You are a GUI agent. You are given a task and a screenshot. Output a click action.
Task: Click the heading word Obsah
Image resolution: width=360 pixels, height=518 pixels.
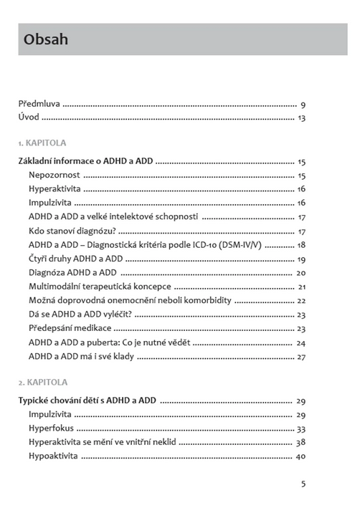click(x=46, y=39)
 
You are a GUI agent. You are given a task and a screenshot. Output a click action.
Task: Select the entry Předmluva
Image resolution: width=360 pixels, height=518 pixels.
click(x=39, y=105)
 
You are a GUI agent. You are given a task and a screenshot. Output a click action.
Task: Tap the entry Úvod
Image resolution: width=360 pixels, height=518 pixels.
click(x=29, y=117)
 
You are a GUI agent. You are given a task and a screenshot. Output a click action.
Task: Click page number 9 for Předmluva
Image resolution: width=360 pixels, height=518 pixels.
click(x=303, y=105)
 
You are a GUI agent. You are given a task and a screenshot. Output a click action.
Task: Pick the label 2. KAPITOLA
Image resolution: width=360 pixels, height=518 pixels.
click(x=42, y=382)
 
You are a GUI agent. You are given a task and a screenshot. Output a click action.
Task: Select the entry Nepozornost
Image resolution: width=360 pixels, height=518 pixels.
click(x=54, y=176)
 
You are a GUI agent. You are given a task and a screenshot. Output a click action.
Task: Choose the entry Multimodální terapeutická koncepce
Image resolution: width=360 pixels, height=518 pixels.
click(x=99, y=287)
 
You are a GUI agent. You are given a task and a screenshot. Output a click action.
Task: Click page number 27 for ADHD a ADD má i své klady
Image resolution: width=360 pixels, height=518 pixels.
click(x=301, y=356)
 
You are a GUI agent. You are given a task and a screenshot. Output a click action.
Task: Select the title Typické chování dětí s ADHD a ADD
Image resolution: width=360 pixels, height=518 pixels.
click(x=87, y=401)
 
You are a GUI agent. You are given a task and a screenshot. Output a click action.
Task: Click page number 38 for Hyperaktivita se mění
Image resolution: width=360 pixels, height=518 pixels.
click(x=301, y=442)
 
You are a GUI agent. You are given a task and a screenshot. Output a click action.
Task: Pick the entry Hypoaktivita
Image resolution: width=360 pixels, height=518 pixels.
click(x=53, y=456)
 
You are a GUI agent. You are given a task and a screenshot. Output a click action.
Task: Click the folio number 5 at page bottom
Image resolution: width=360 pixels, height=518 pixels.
click(x=303, y=484)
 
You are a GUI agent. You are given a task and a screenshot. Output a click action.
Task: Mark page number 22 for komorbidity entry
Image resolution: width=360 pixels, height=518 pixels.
click(x=301, y=300)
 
